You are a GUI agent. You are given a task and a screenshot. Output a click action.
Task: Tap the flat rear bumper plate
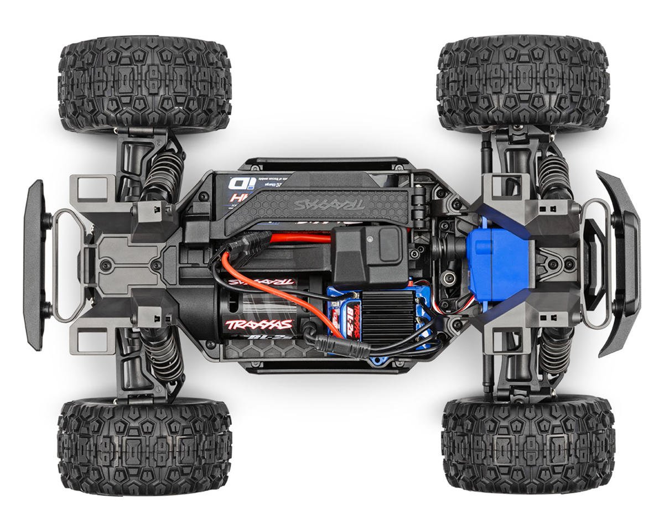(35, 264)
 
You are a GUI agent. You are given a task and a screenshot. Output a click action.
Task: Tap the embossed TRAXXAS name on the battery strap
(329, 204)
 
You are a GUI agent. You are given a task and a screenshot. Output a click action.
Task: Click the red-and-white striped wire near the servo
(443, 307)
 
